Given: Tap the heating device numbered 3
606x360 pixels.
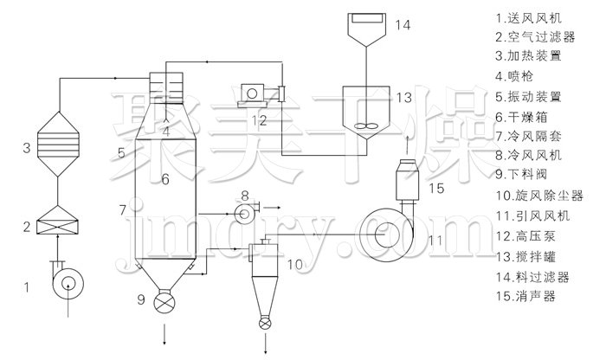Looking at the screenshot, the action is (x=58, y=144).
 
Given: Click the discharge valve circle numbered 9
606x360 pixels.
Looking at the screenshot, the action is (x=164, y=302).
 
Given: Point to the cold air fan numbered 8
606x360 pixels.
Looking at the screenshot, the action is (x=246, y=212).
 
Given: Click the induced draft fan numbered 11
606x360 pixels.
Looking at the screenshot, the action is (x=386, y=234).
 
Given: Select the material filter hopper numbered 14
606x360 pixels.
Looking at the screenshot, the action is (x=366, y=29).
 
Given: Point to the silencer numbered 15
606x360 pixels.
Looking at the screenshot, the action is (x=408, y=180).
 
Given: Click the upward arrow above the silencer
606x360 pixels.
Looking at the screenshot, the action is (x=408, y=141).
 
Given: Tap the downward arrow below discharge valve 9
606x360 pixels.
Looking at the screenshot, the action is (x=164, y=334).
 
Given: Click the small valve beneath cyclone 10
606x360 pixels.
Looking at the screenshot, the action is (x=265, y=323).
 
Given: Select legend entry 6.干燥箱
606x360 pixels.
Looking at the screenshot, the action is (x=521, y=116).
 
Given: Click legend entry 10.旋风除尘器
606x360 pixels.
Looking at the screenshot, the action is (x=539, y=196).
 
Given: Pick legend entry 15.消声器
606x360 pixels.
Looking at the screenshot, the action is (x=526, y=296).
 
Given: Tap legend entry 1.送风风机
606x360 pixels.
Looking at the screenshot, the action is (x=528, y=18).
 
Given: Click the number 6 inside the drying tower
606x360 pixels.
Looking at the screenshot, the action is (x=165, y=179).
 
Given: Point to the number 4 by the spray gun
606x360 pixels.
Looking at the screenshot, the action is (x=166, y=132).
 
